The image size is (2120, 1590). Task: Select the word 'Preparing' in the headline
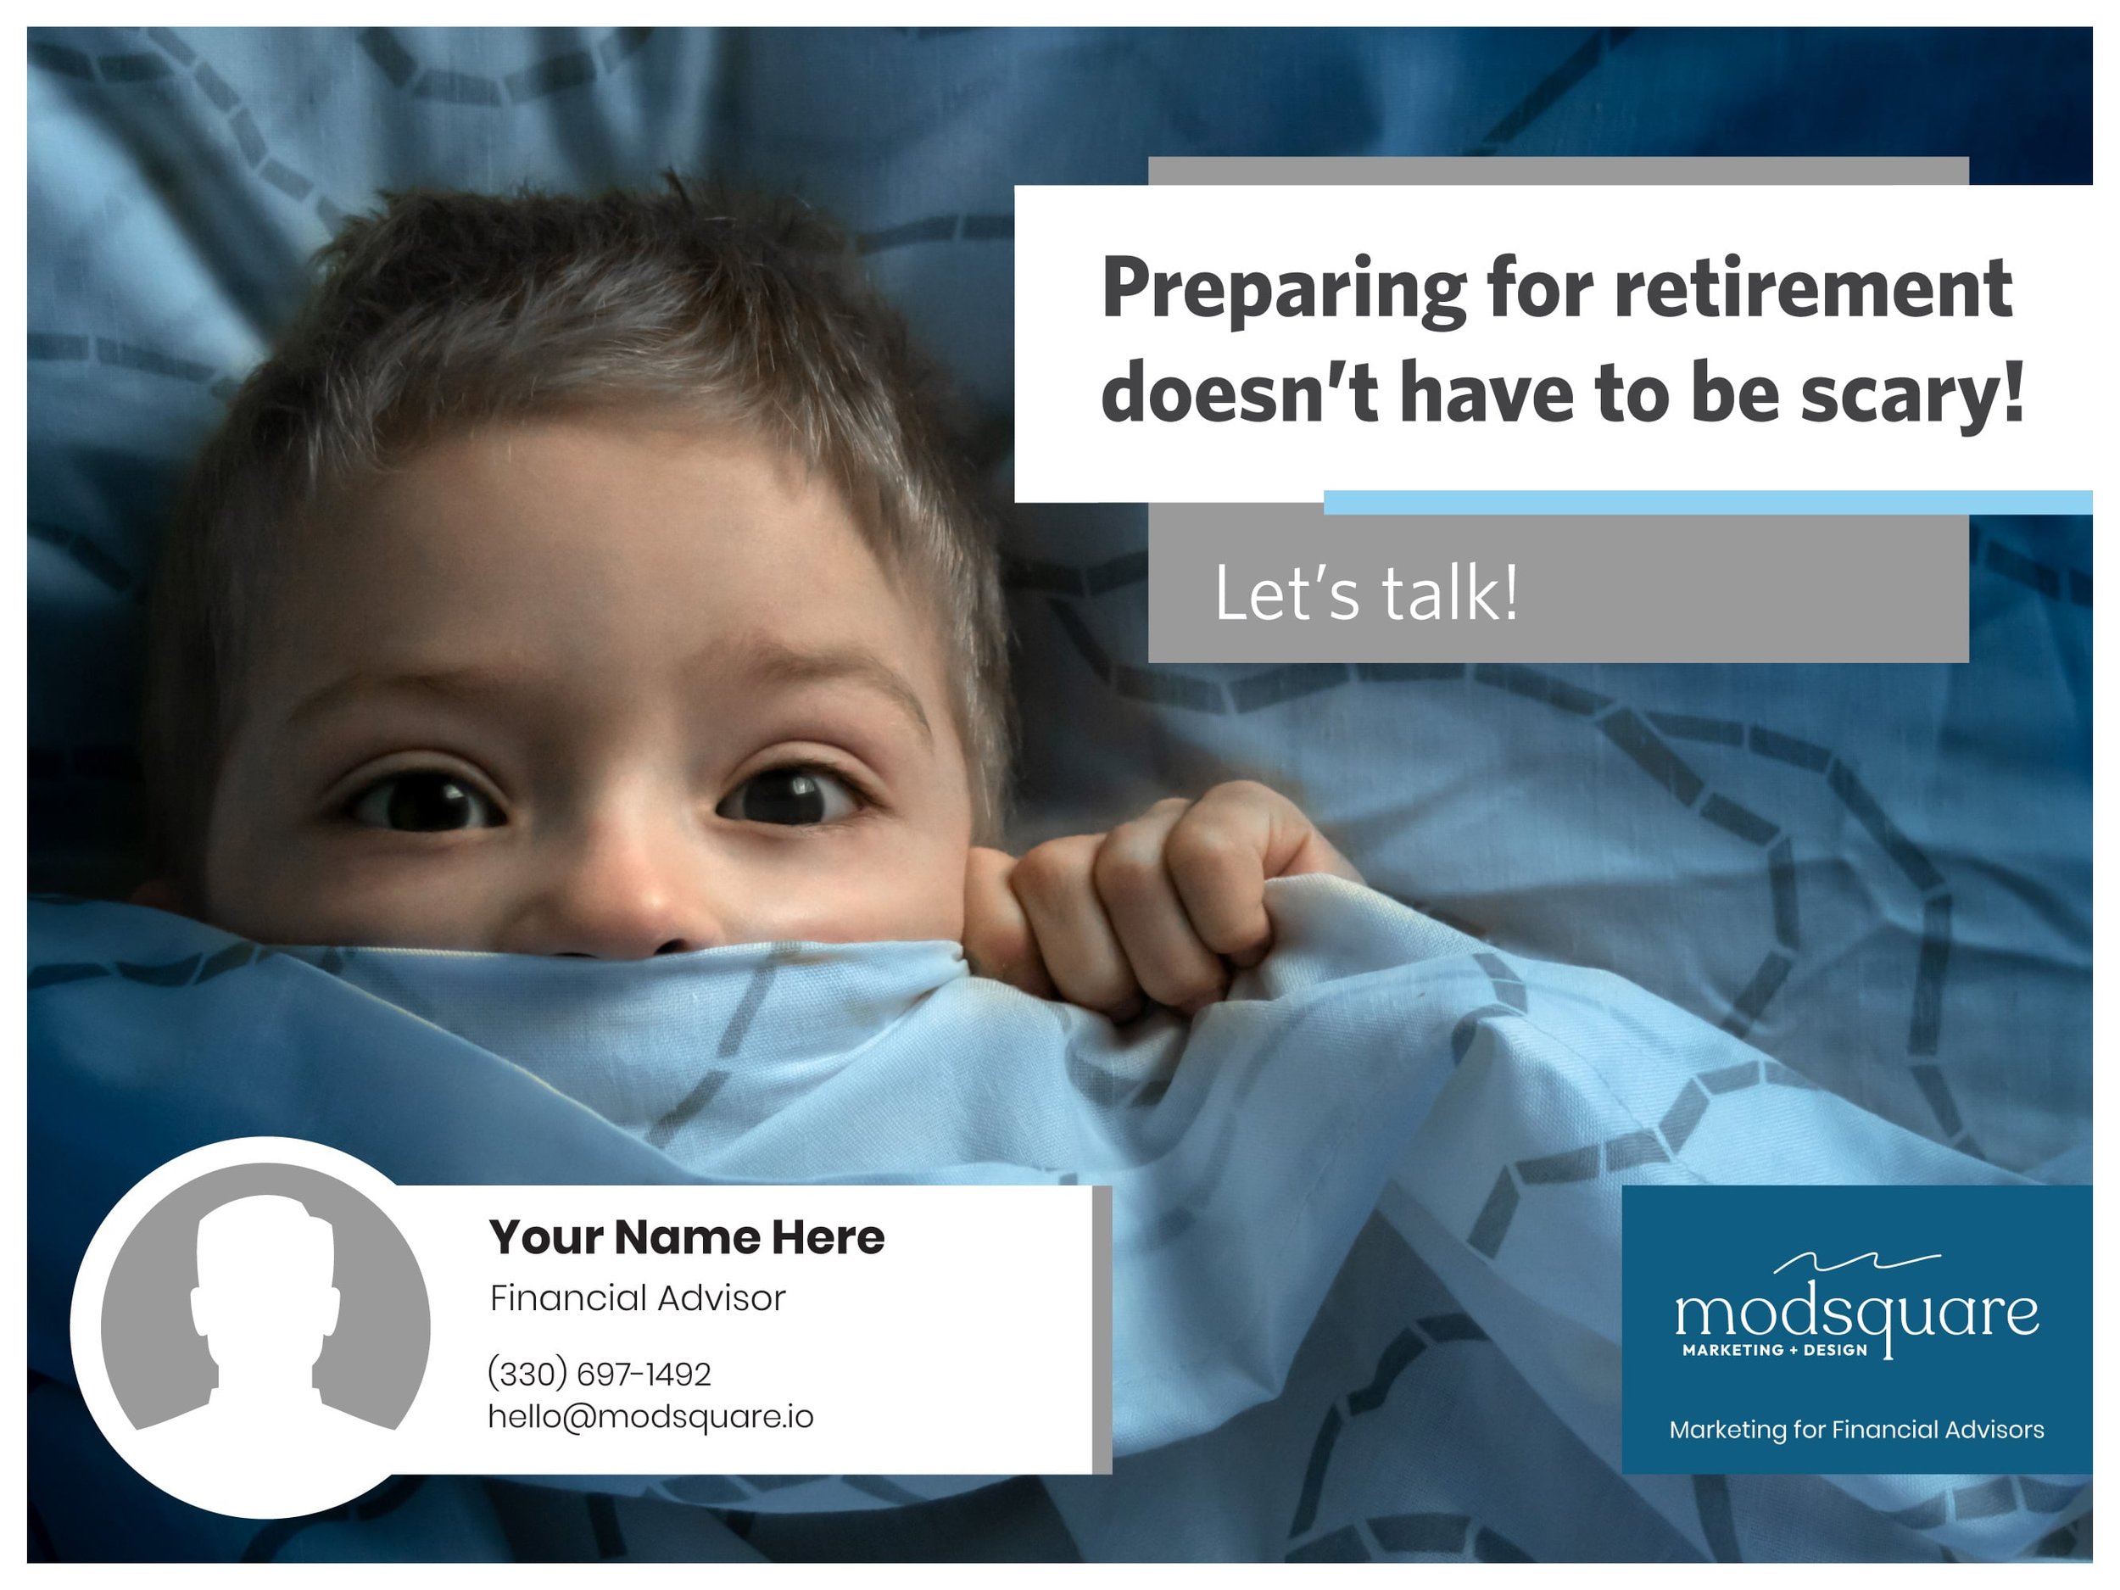point(1283,290)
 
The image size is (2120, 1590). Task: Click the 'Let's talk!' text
point(1366,594)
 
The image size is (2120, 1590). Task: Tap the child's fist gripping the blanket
point(1150,901)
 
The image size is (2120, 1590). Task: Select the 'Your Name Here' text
point(686,1237)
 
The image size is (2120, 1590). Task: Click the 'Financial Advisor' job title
point(638,1298)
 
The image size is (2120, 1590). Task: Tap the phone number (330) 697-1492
point(599,1375)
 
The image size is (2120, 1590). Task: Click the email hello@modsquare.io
point(650,1416)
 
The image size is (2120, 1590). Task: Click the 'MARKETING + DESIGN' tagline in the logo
point(1775,1350)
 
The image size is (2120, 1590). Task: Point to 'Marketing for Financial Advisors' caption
point(1856,1430)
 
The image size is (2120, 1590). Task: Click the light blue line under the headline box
point(1706,502)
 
